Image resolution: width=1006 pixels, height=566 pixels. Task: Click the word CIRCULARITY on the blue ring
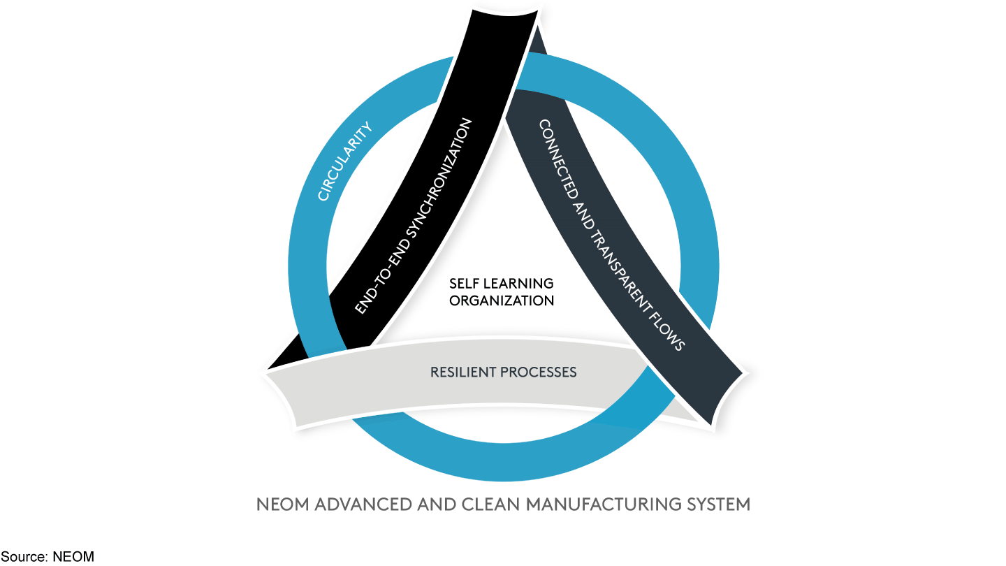(344, 161)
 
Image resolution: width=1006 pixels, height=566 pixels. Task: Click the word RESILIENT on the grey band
(462, 372)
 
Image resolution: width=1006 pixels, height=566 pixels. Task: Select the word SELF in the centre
(463, 284)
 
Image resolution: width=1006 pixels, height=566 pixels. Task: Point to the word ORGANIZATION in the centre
(502, 300)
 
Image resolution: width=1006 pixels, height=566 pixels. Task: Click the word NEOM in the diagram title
(281, 504)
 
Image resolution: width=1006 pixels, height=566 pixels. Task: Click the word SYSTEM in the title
(722, 504)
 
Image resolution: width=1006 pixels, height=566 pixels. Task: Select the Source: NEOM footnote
(47, 557)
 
